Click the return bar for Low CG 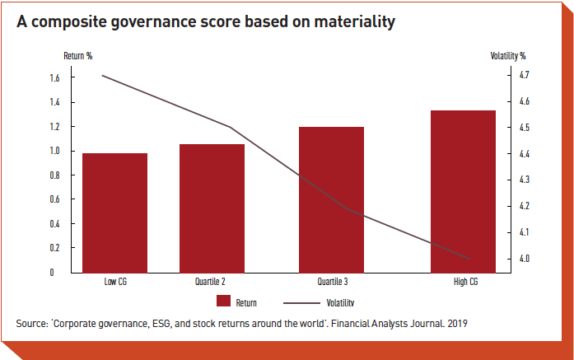pyautogui.click(x=114, y=213)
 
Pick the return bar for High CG pyautogui.click(x=463, y=190)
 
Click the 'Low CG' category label pyautogui.click(x=115, y=282)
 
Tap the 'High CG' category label pyautogui.click(x=464, y=282)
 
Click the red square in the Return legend pyautogui.click(x=222, y=302)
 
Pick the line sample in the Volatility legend pyautogui.click(x=301, y=302)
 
